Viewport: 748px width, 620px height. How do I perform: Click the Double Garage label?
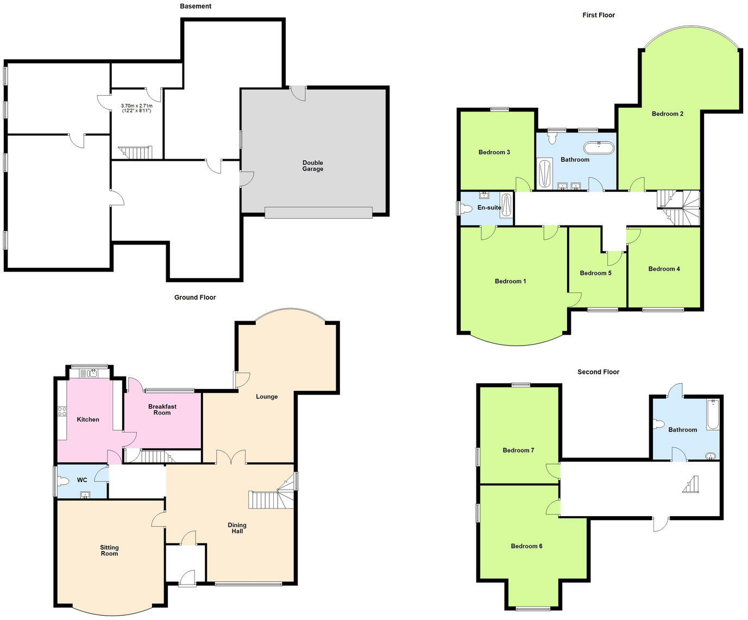point(312,166)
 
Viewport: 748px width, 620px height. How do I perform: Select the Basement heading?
point(196,6)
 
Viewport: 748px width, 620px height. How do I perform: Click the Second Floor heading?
point(598,372)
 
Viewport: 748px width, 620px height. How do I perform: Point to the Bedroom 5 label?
point(595,273)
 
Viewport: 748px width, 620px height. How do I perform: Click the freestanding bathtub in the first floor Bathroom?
point(599,147)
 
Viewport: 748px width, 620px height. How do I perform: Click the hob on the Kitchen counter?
point(62,411)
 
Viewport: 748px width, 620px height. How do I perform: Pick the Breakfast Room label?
point(162,409)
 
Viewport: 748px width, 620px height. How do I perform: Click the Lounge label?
point(267,397)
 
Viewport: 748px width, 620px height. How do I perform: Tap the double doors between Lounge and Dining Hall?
point(231,458)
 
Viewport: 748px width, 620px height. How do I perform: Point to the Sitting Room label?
point(109,550)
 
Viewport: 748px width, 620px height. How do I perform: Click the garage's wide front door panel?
point(318,212)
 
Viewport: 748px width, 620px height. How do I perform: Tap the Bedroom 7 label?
point(518,450)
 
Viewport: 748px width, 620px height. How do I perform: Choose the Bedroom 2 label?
point(667,114)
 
